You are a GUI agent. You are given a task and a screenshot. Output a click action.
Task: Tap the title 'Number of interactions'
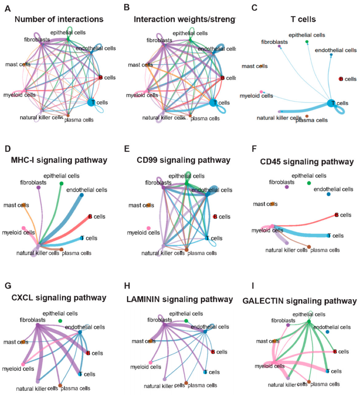(x=59, y=19)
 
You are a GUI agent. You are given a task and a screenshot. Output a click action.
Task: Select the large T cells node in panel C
(x=330, y=103)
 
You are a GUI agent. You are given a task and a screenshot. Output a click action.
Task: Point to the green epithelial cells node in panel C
(x=307, y=42)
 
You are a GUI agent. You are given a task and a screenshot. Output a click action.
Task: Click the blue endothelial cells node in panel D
(x=82, y=195)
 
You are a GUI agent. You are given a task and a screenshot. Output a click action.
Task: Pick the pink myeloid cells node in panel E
(x=149, y=228)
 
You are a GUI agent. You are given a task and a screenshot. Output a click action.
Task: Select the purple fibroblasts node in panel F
(x=287, y=187)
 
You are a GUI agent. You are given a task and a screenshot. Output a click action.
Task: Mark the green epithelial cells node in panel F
(x=309, y=183)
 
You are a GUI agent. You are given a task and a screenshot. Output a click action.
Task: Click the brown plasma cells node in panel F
(x=309, y=247)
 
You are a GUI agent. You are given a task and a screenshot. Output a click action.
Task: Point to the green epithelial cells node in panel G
(x=60, y=321)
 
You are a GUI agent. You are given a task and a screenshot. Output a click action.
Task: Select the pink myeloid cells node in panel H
(x=150, y=362)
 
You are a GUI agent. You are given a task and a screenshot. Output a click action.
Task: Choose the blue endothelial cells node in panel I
(x=327, y=332)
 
